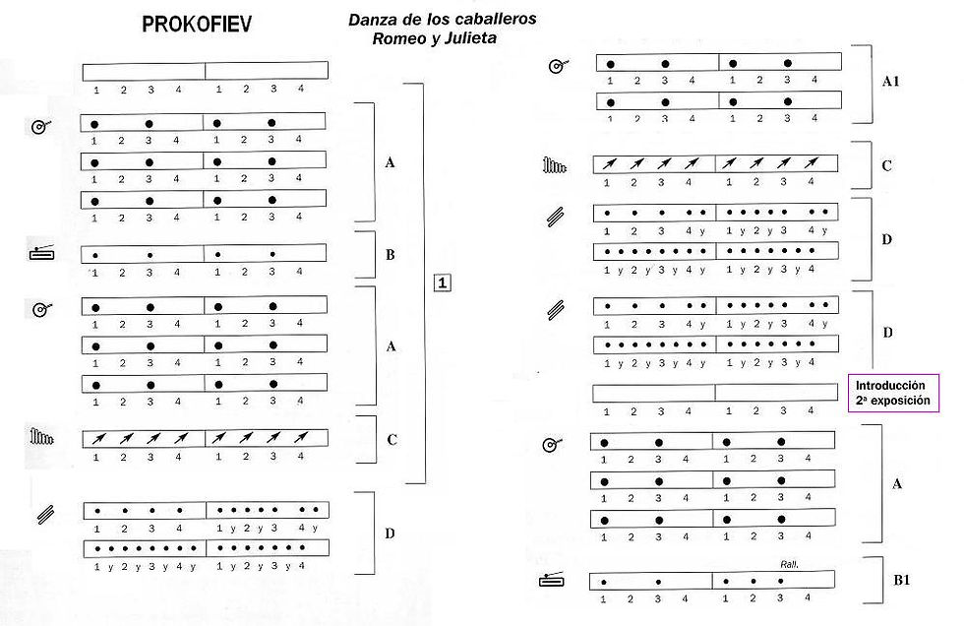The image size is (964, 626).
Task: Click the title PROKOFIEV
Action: (x=196, y=25)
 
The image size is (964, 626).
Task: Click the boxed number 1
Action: (x=443, y=283)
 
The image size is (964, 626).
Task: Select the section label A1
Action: (x=891, y=82)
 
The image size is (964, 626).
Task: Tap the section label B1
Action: (x=902, y=581)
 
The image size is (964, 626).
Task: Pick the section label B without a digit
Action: (x=391, y=254)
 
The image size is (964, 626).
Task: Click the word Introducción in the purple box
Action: (x=890, y=385)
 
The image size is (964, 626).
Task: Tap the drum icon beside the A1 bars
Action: (x=558, y=67)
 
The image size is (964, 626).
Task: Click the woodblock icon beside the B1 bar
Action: (x=553, y=582)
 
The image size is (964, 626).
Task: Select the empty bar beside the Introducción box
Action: (x=715, y=393)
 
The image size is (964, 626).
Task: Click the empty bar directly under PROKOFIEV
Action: (x=206, y=71)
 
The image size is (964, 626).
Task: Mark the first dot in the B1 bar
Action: (x=604, y=582)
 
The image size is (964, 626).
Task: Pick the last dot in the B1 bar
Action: (x=780, y=582)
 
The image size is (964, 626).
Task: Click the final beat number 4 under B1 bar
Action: (x=808, y=597)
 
